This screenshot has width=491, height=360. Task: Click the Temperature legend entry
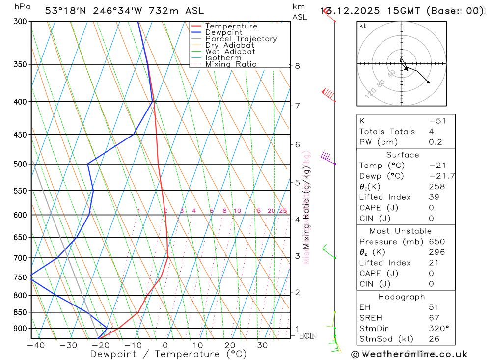tap(231, 26)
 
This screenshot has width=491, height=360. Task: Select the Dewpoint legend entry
tap(223, 32)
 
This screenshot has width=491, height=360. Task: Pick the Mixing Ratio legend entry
tap(231, 64)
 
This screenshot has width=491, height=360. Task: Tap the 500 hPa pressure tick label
tap(21, 164)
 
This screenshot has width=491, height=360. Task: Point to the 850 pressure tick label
tap(21, 312)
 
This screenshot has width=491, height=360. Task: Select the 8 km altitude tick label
tap(297, 66)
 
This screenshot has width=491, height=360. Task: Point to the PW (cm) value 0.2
tap(436, 142)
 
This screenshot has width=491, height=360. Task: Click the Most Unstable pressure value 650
tap(436, 242)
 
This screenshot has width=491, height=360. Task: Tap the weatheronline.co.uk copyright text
tap(409, 354)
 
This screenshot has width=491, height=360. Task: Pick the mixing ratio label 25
tap(283, 211)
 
